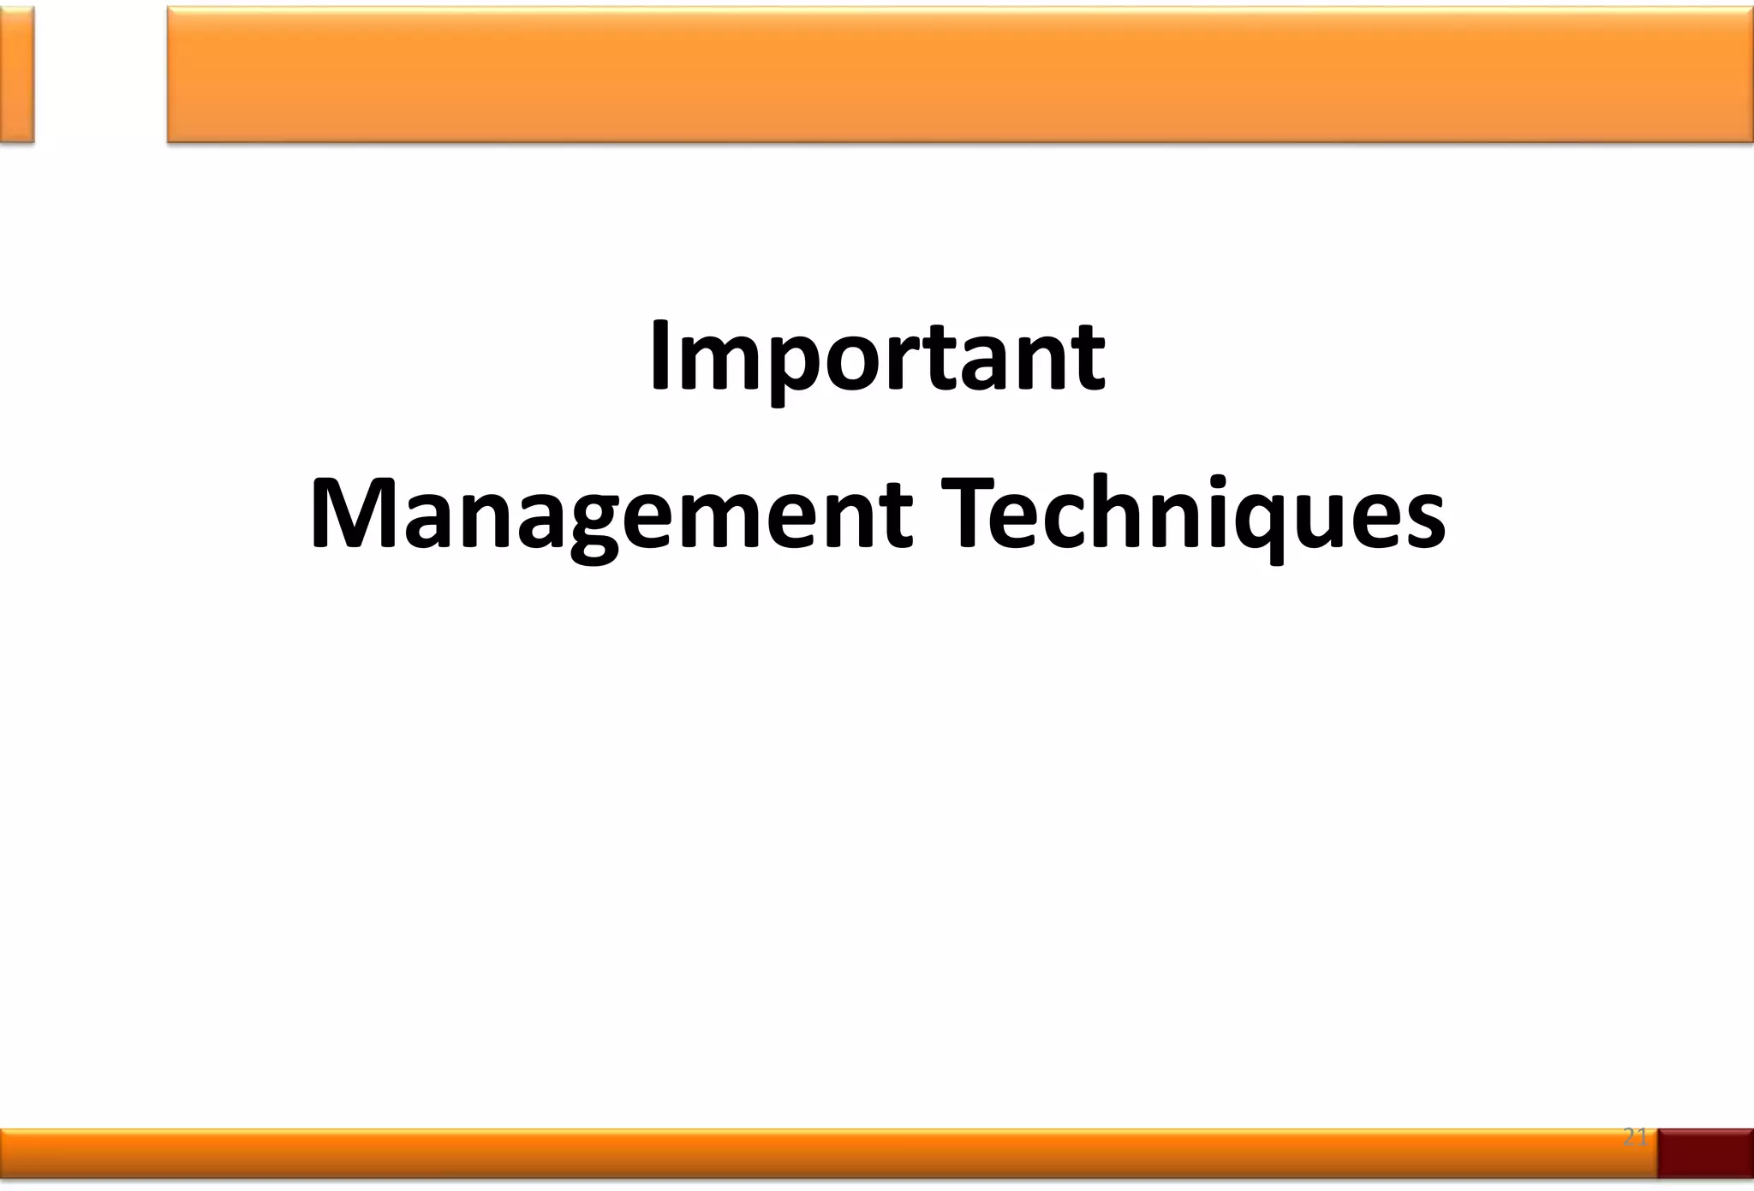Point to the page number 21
pyautogui.click(x=1635, y=1137)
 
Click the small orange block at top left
pyautogui.click(x=16, y=74)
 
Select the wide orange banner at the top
pyautogui.click(x=959, y=74)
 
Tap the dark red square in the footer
pyautogui.click(x=1705, y=1152)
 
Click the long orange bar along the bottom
pyautogui.click(x=822, y=1152)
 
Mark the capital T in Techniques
pyautogui.click(x=967, y=514)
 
